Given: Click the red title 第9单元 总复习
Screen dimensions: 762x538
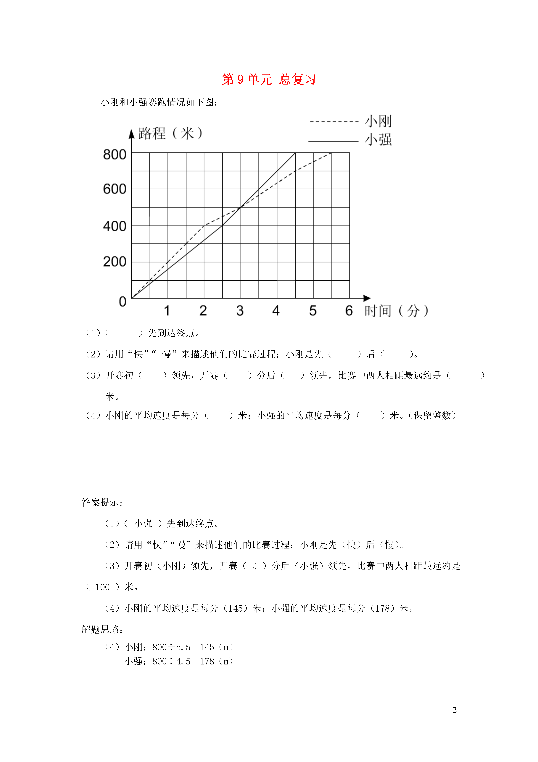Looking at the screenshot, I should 268,80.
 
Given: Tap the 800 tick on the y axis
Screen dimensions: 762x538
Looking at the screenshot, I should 115,155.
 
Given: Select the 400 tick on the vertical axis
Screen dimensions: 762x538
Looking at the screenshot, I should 115,226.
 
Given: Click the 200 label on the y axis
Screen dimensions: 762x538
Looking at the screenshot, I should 115,262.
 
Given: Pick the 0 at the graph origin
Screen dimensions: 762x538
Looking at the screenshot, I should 123,302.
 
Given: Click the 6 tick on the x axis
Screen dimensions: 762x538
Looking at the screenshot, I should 349,311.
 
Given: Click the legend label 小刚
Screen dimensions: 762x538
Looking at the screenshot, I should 378,121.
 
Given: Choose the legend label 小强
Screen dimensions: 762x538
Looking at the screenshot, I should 378,140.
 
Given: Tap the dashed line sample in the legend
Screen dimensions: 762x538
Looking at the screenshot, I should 334,122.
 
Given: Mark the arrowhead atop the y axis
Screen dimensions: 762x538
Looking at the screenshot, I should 132,134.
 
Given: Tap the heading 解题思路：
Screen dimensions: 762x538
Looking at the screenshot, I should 102,630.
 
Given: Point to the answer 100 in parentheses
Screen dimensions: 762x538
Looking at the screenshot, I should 102,587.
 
